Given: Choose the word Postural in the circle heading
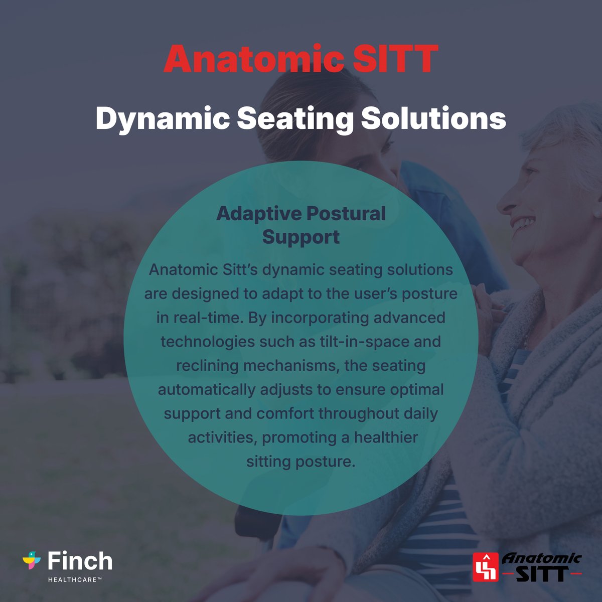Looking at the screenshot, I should pyautogui.click(x=346, y=214).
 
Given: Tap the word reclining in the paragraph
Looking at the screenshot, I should pyautogui.click(x=207, y=365).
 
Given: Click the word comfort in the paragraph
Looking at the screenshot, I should pyautogui.click(x=285, y=413).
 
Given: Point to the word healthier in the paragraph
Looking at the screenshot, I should pyautogui.click(x=386, y=437).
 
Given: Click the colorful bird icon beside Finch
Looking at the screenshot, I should pyautogui.click(x=32, y=560).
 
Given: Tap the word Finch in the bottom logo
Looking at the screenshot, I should pyautogui.click(x=80, y=561).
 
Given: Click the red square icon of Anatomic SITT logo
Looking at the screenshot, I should pyautogui.click(x=486, y=567).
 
